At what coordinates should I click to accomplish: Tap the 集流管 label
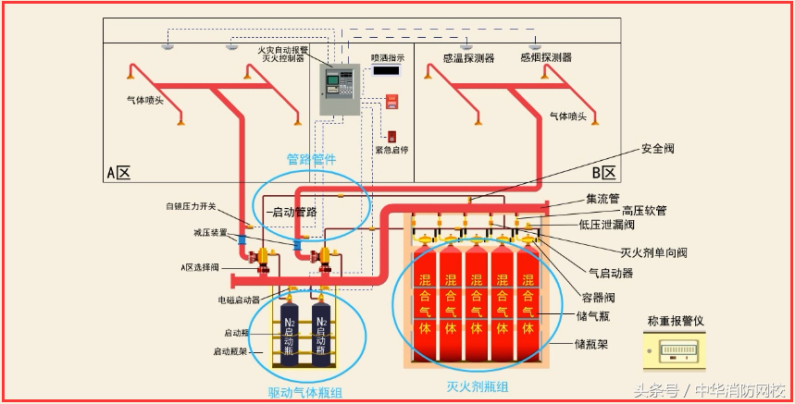[602, 197]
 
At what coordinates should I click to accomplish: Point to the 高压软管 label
[643, 211]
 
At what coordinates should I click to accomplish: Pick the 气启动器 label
[611, 273]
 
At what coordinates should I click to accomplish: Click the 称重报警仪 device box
[687, 352]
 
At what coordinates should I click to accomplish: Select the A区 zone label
[118, 172]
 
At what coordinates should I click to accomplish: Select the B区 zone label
[603, 173]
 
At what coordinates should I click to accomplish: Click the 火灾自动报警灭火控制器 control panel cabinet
[339, 90]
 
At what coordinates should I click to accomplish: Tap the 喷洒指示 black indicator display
[386, 70]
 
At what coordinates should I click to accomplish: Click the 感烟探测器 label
[545, 57]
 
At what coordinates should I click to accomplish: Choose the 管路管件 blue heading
[311, 159]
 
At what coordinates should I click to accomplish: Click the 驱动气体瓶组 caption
[304, 393]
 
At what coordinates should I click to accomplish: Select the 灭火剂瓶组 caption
[477, 386]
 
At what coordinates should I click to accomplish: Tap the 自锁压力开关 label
[192, 206]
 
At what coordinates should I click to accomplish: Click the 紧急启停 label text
[391, 150]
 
